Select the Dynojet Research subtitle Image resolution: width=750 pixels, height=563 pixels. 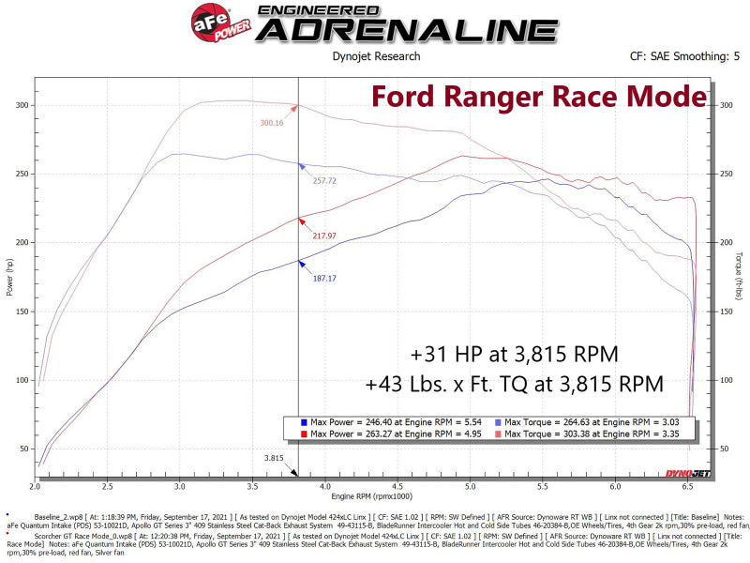click(x=377, y=56)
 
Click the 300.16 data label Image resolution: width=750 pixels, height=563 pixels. click(x=272, y=122)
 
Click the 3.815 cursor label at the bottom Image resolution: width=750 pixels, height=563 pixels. click(x=273, y=459)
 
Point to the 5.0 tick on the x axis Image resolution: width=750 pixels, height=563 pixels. click(x=469, y=487)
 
